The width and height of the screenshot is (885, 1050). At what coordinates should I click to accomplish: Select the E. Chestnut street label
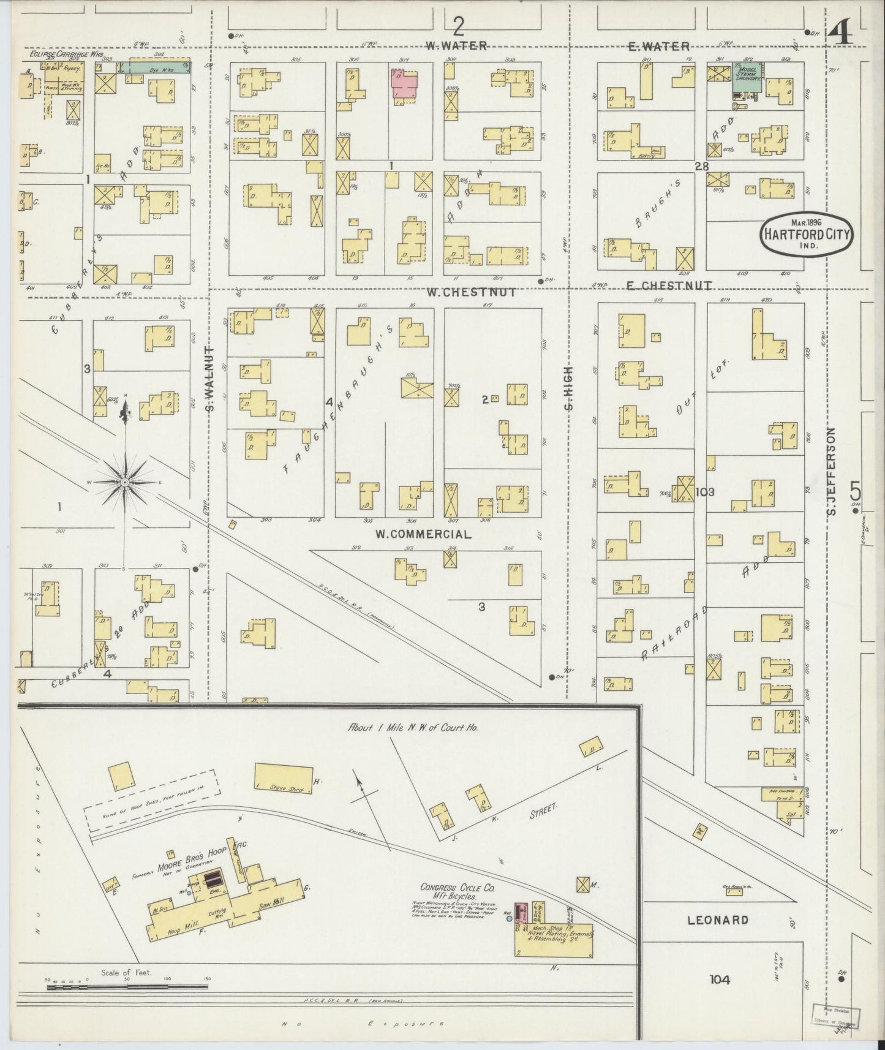(669, 285)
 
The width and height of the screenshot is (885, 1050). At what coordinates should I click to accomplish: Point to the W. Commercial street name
(423, 534)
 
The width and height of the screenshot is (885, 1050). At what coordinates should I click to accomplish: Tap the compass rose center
(125, 482)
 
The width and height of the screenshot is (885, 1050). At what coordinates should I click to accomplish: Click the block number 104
(720, 980)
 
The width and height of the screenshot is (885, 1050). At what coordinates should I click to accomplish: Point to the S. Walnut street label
(209, 389)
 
